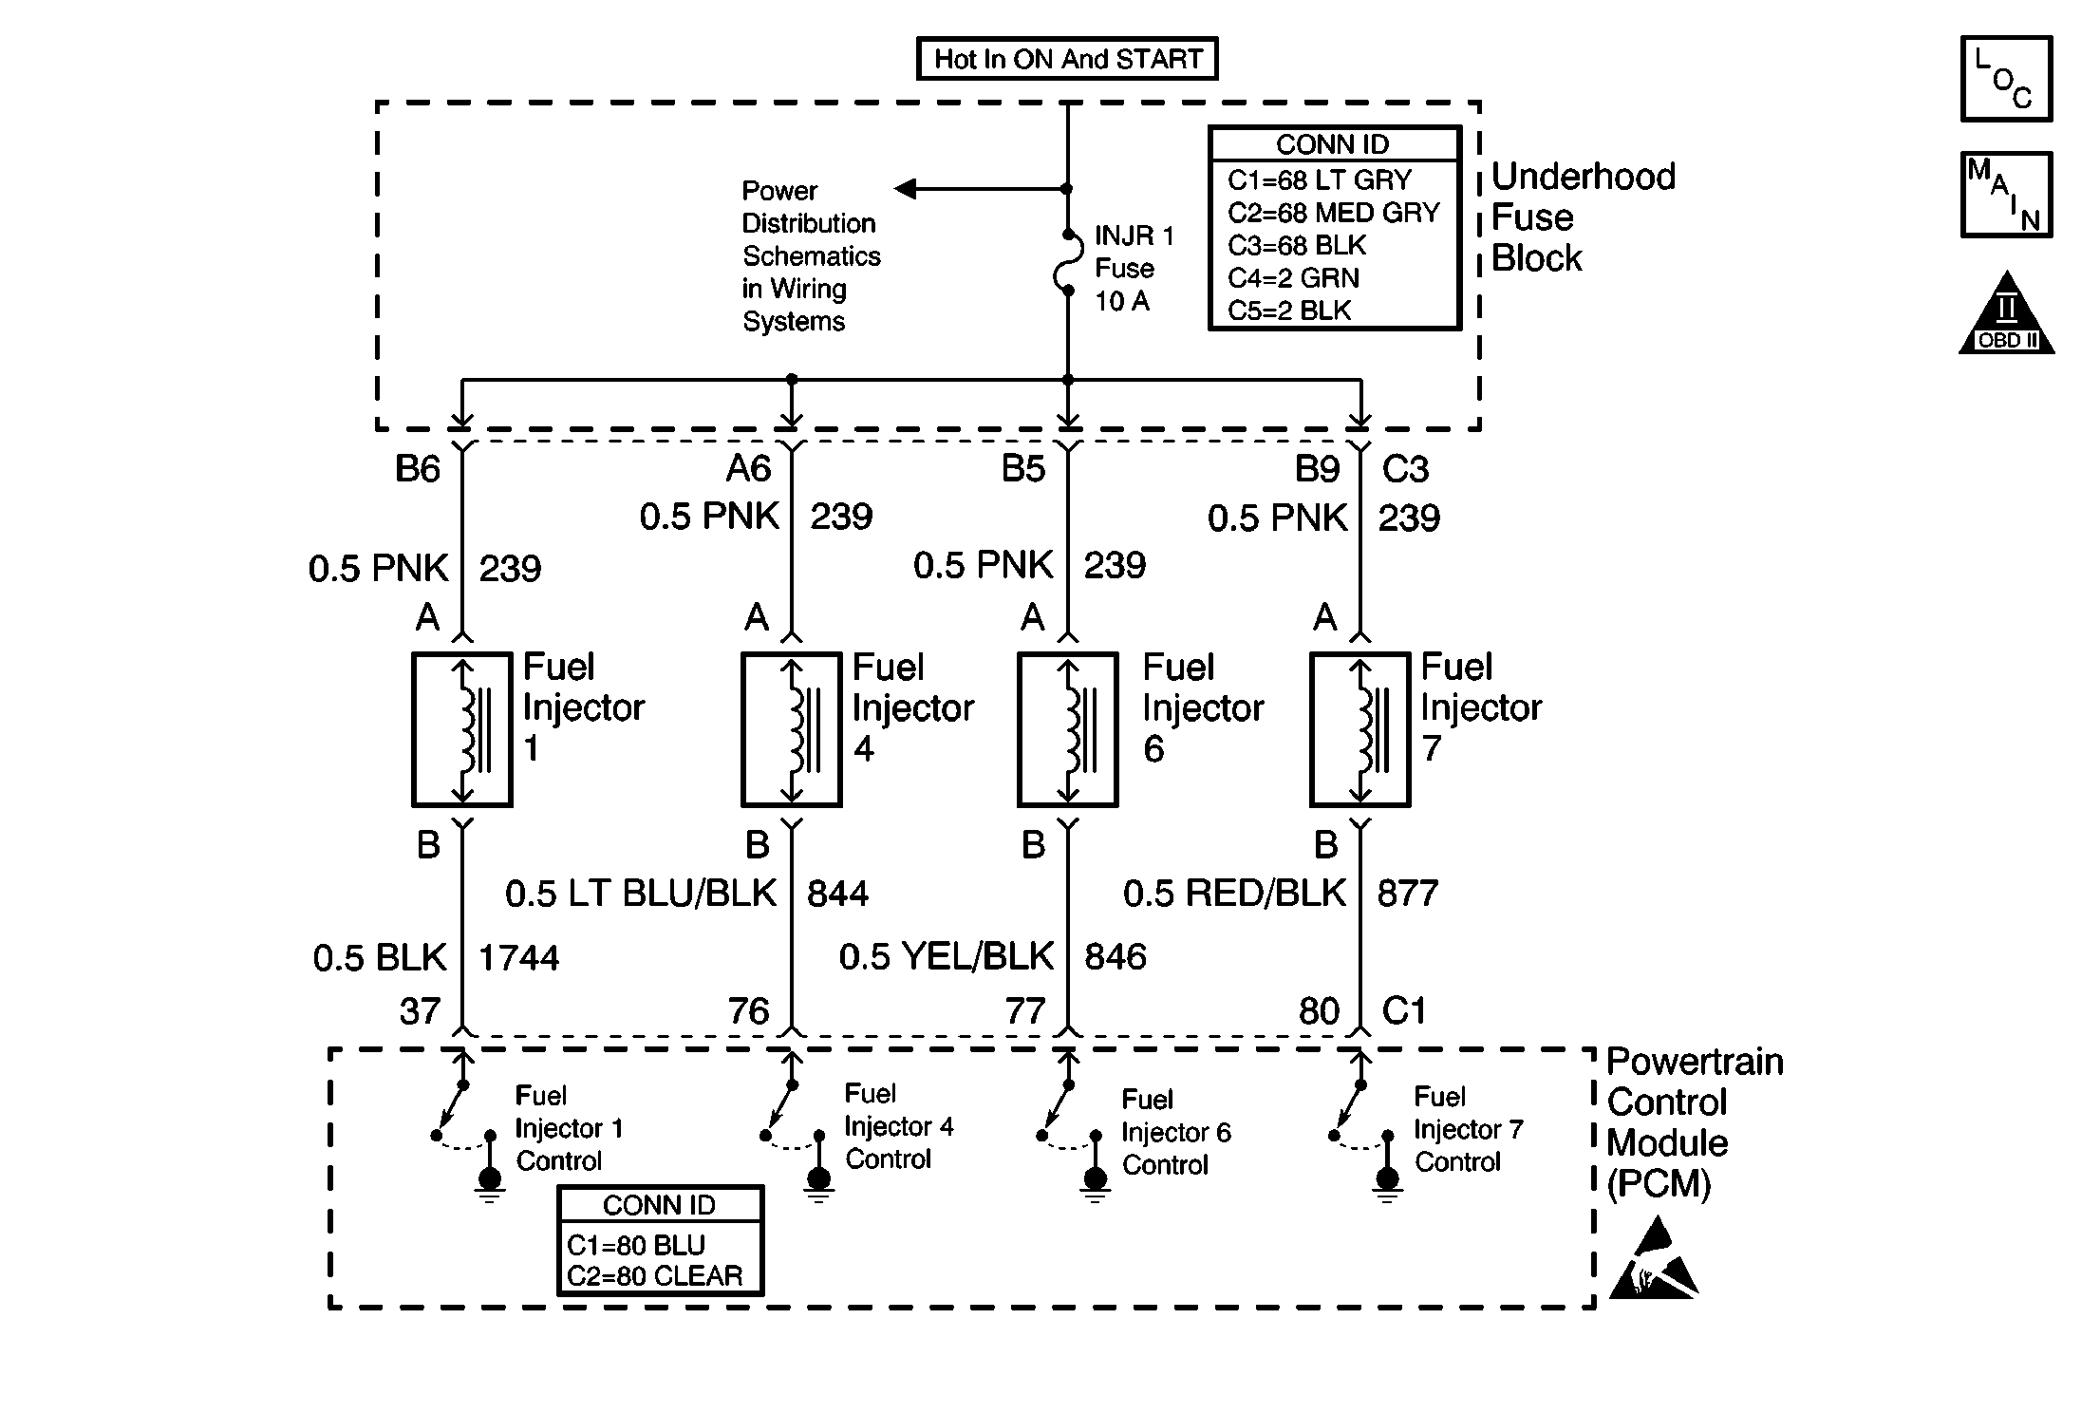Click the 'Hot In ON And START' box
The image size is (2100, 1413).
click(x=1067, y=59)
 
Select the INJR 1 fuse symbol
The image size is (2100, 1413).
click(x=1067, y=261)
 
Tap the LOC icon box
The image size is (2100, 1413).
click(x=2007, y=79)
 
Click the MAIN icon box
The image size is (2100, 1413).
click(x=2007, y=195)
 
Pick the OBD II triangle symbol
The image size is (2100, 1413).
click(x=2007, y=314)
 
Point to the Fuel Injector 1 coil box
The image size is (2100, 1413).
click(x=462, y=729)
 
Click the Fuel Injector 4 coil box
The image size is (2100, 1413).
click(x=791, y=729)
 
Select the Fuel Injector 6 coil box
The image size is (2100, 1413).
click(x=1068, y=729)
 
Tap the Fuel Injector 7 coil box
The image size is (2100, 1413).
click(x=1360, y=729)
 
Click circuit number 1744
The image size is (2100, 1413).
click(x=518, y=958)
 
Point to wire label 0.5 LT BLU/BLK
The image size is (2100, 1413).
click(x=641, y=894)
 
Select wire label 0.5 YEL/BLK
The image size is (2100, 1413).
click(x=947, y=956)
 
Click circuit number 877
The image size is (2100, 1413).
click(x=1408, y=894)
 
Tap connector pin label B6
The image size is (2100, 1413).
click(x=418, y=469)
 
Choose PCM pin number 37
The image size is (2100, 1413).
click(x=420, y=1011)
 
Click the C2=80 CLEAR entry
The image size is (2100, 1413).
click(x=655, y=1276)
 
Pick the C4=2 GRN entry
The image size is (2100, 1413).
click(x=1293, y=278)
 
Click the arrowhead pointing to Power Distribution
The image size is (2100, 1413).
click(x=906, y=189)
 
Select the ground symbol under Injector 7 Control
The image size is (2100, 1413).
click(x=1387, y=1187)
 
